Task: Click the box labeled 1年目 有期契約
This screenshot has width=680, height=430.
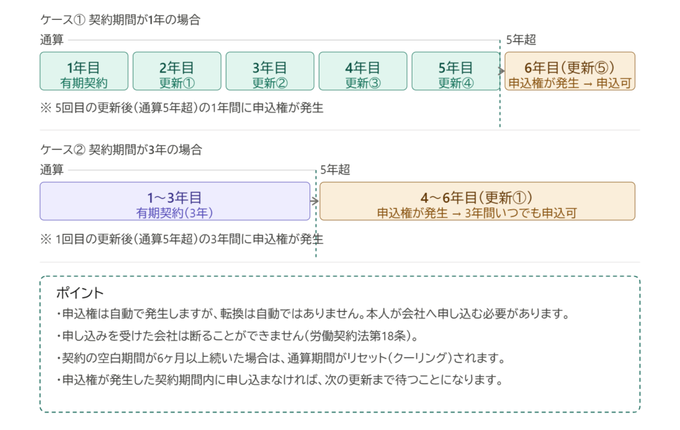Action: coord(84,71)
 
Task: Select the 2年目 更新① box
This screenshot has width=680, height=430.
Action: coord(177,71)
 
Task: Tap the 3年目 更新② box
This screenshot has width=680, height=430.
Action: coord(270,71)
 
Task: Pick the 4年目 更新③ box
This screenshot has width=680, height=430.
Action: coord(363,71)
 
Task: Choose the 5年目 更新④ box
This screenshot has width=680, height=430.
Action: coord(456,71)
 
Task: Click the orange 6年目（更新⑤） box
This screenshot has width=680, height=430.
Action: coord(570,71)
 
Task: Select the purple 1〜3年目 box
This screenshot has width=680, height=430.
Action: coord(175,201)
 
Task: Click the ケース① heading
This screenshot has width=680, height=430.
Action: coord(120,20)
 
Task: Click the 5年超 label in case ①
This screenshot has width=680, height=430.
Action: coord(520,40)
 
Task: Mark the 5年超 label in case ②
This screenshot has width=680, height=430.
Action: coord(335,169)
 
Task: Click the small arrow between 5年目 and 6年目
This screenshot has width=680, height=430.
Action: coord(501,68)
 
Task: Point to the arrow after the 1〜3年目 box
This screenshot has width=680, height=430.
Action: coord(315,198)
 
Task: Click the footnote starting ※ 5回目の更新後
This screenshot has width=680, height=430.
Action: coord(181,108)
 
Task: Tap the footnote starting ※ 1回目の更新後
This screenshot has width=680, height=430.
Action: coord(181,238)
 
